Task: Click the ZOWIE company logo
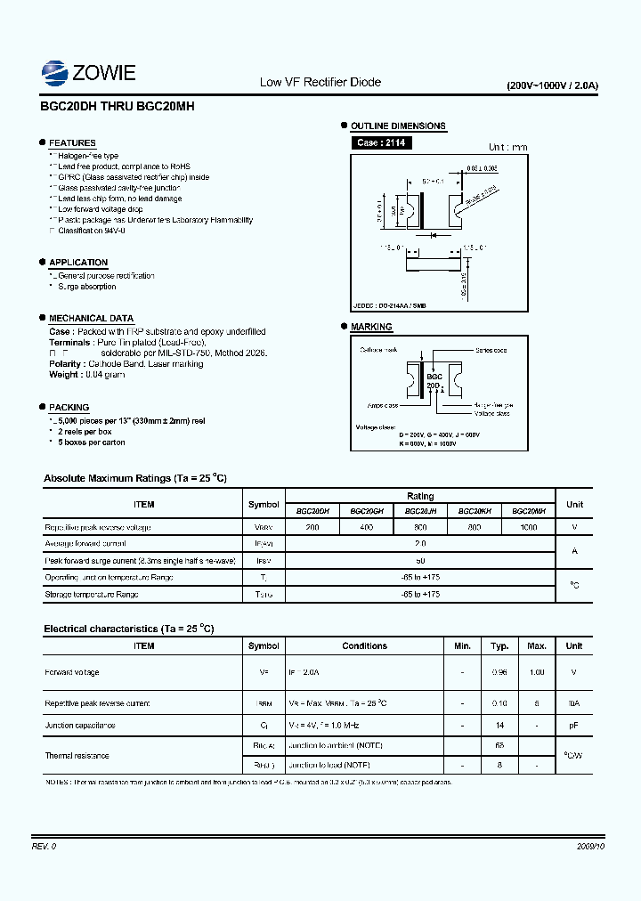point(88,71)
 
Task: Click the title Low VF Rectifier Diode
point(320,82)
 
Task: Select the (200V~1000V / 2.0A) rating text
point(552,85)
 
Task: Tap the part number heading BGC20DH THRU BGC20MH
point(118,105)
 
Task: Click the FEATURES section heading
point(72,143)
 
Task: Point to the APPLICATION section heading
point(78,263)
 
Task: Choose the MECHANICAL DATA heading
point(91,319)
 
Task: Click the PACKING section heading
point(69,408)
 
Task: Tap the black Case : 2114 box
point(381,142)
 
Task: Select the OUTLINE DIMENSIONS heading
point(398,126)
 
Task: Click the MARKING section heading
point(371,328)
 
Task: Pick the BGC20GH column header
point(367,512)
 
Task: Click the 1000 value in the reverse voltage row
point(529,527)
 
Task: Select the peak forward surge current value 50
point(420,561)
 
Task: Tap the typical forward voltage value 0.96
point(500,672)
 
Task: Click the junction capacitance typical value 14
point(500,726)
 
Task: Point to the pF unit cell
point(574,726)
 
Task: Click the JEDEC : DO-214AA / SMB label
point(389,305)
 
